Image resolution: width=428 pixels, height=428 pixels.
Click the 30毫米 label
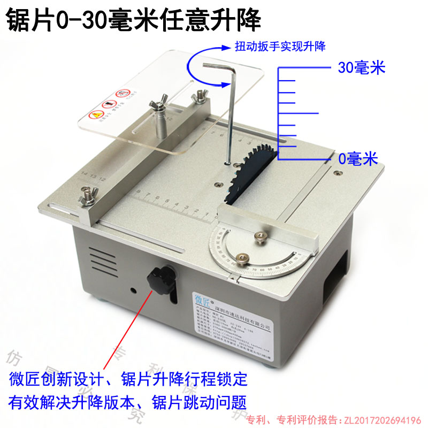coord(362,68)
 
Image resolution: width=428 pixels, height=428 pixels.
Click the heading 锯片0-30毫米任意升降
coord(134,20)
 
